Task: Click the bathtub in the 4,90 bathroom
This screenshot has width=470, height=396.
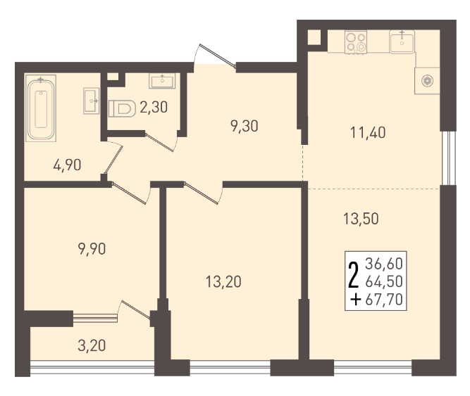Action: tap(41, 108)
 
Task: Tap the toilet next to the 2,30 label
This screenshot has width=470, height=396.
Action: tap(122, 108)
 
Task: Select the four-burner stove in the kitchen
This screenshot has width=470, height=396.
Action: tap(356, 42)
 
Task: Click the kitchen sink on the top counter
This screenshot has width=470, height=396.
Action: tap(402, 41)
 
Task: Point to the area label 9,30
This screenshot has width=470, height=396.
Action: tap(245, 126)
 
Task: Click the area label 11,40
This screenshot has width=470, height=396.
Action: tap(368, 132)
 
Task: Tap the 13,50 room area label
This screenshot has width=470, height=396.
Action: tap(361, 219)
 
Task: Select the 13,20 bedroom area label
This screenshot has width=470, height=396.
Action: tap(223, 282)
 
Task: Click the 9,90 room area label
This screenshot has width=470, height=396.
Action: tap(92, 249)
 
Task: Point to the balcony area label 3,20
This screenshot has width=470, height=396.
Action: tap(92, 346)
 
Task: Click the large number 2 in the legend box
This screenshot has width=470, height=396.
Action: tap(354, 275)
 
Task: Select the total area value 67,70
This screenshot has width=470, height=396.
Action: tap(384, 300)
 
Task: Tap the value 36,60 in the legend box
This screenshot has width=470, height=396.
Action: tap(384, 264)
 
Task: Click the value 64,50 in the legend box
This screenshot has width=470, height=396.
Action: tap(384, 281)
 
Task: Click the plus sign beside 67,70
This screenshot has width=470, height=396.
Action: tap(356, 300)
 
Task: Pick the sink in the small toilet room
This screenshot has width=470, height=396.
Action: tap(162, 81)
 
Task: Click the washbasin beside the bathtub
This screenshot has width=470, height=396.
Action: tap(91, 101)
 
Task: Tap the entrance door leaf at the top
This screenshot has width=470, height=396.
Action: tap(218, 56)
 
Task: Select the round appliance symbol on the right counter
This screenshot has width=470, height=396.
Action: tap(427, 81)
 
